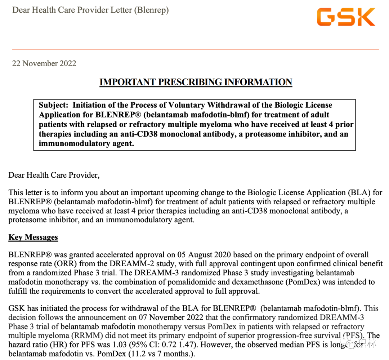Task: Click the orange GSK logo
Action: (346, 17)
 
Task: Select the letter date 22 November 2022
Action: (44, 63)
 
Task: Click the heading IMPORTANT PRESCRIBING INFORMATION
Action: (196, 82)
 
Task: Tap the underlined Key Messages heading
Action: (33, 237)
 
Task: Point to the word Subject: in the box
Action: (54, 105)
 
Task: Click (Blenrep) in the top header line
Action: (151, 10)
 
